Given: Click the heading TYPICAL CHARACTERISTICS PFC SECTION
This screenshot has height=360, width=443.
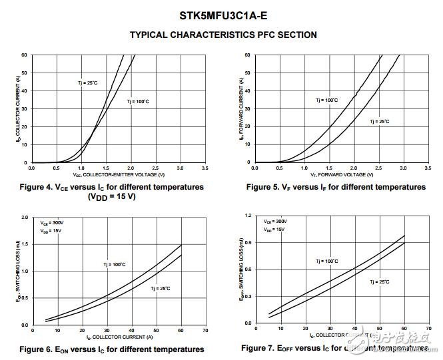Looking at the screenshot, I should (222, 35).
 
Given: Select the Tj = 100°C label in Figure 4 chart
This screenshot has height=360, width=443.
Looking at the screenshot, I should (139, 101).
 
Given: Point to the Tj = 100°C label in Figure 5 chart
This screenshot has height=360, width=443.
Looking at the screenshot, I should (326, 100).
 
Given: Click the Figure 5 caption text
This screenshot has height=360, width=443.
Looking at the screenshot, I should (335, 187).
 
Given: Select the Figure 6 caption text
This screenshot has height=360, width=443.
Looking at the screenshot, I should (112, 349).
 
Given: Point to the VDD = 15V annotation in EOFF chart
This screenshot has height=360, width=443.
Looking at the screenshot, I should (274, 229).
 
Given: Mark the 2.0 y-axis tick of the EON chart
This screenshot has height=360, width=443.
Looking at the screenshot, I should (25, 218).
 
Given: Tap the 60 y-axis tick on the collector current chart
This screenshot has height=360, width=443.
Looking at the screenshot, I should (24, 55).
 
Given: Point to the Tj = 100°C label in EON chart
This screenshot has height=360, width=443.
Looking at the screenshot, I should (114, 265).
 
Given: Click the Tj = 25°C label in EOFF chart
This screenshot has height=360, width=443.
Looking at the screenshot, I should (380, 282).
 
